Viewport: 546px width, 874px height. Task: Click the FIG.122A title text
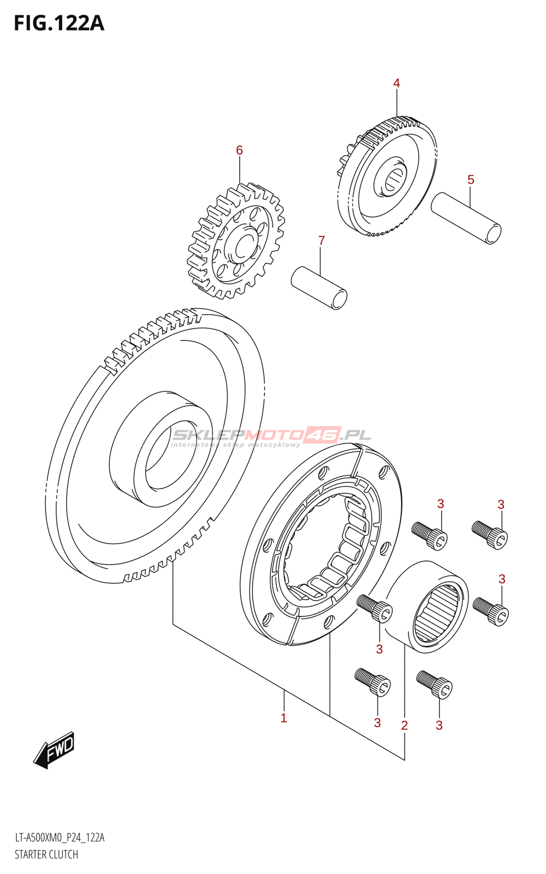pos(59,23)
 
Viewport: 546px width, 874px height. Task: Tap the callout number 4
pos(396,83)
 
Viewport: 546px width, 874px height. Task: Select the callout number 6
pos(239,150)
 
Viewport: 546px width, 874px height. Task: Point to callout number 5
pos(471,180)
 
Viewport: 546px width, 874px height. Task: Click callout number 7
pos(322,240)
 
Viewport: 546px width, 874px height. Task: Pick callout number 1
pos(283,718)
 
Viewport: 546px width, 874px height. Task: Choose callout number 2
pos(404,725)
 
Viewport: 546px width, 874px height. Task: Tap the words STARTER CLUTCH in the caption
pos(46,855)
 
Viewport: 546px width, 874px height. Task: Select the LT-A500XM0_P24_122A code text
pos(60,838)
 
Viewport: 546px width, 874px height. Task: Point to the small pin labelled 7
pos(319,287)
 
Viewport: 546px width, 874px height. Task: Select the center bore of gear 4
pos(393,180)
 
